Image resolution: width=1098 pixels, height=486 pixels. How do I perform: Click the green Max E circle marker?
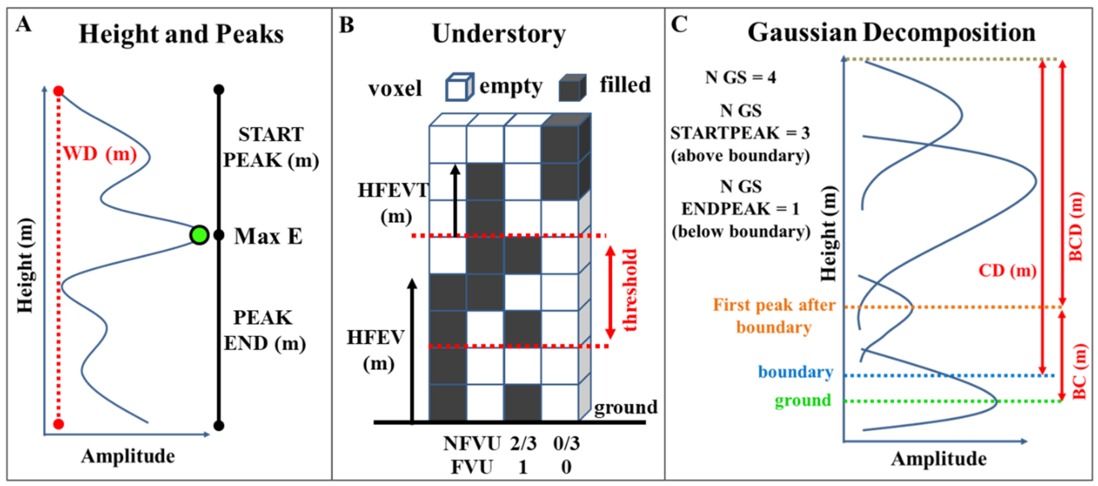(199, 235)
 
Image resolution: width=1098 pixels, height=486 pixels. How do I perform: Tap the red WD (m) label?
(100, 153)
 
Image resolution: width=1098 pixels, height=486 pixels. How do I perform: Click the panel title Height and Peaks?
(181, 34)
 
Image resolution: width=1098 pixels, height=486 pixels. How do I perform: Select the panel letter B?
(346, 25)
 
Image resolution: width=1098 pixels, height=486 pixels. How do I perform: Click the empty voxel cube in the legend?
(459, 87)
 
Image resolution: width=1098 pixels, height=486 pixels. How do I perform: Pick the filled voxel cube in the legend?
(572, 87)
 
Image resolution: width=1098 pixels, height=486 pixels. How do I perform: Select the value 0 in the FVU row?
(566, 467)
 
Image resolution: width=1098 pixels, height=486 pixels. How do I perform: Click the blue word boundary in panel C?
(795, 372)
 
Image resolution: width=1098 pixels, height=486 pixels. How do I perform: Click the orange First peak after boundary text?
(774, 316)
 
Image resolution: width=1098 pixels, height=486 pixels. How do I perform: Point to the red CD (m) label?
(1007, 270)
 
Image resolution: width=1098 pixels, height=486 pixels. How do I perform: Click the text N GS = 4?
(740, 78)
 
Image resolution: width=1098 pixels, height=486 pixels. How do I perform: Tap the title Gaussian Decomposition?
(891, 33)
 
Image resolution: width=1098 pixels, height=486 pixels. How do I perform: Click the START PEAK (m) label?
(271, 147)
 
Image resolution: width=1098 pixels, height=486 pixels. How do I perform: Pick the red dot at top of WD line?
(59, 91)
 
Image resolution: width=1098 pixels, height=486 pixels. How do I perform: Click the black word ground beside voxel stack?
(626, 408)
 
